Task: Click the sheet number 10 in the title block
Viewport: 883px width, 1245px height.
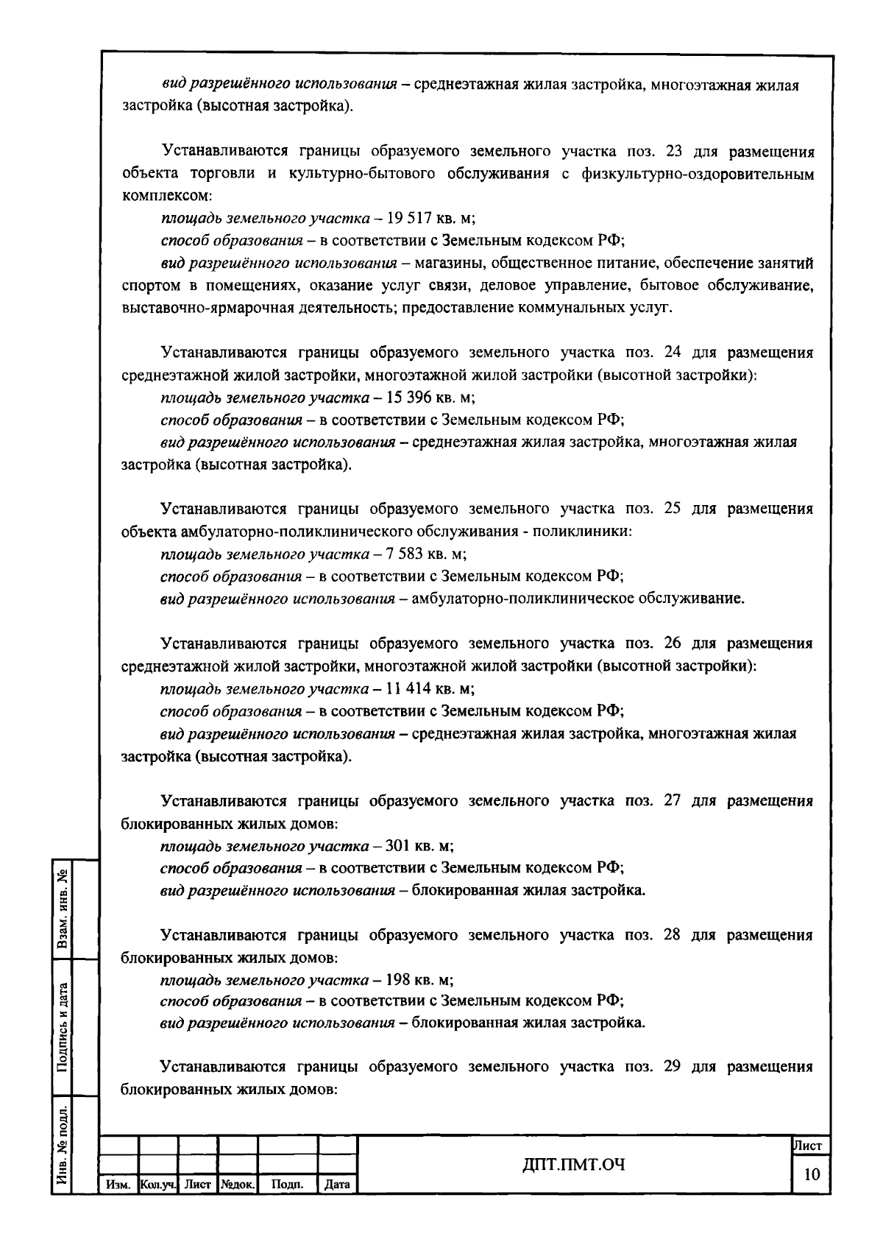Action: coord(812,1175)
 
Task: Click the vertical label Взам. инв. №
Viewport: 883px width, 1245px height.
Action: coord(63,908)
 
